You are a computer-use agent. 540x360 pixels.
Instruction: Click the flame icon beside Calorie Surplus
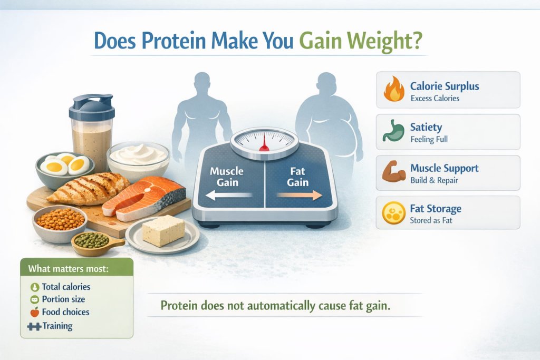tap(393, 90)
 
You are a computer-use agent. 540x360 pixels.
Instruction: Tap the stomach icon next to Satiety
tap(393, 132)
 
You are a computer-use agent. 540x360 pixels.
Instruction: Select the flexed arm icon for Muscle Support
tap(393, 173)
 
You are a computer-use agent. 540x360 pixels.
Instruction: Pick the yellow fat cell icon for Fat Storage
tap(393, 213)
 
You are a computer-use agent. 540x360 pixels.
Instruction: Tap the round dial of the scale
tap(264, 140)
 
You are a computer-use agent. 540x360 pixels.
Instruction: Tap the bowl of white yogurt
tap(138, 157)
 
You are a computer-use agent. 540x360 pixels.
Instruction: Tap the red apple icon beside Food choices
tap(34, 312)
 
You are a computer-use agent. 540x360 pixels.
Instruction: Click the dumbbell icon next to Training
tap(33, 326)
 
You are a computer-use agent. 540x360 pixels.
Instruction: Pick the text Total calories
tap(66, 287)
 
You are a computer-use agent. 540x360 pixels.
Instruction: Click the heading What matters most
tap(68, 269)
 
